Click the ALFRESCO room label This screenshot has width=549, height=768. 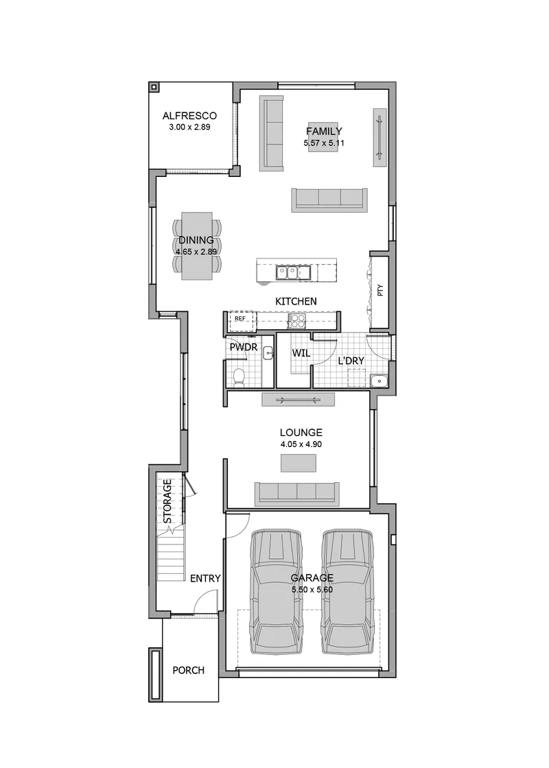189,116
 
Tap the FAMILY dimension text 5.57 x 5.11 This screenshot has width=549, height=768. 323,143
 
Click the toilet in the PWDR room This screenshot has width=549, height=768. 240,378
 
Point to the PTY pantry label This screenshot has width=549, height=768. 380,291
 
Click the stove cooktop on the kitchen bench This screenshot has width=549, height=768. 296,321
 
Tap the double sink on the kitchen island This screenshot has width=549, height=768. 292,272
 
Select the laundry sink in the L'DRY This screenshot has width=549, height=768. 379,381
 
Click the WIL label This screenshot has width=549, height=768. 301,352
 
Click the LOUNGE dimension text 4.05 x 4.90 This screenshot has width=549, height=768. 301,444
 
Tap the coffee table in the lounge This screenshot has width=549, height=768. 298,463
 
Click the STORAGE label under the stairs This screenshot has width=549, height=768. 167,501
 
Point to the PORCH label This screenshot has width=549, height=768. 188,670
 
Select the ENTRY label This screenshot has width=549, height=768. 205,579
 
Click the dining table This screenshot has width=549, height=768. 197,246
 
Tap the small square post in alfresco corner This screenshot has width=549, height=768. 154,87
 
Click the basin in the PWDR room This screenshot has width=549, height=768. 268,352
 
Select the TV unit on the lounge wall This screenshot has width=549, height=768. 298,400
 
